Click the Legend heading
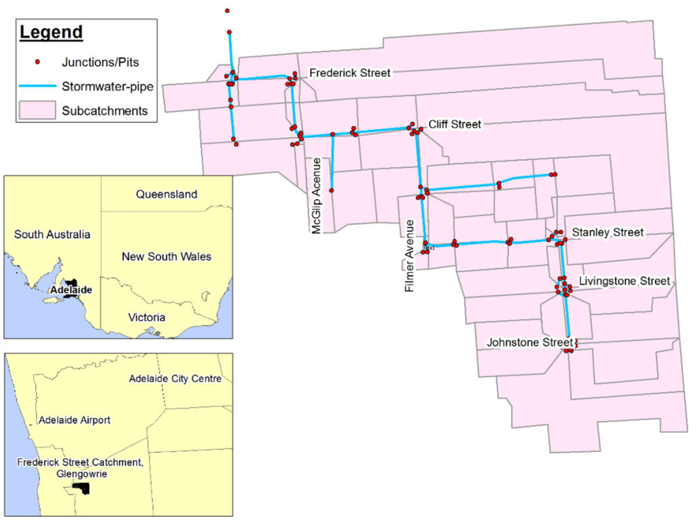[x=51, y=33]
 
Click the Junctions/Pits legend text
[x=100, y=63]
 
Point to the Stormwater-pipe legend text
[x=107, y=86]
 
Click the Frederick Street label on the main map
[x=350, y=73]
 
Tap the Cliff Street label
[x=455, y=124]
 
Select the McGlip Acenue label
[x=316, y=196]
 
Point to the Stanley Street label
[x=607, y=232]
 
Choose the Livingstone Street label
[x=624, y=281]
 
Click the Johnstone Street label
[x=529, y=343]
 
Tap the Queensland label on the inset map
[x=167, y=194]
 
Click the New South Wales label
[x=167, y=257]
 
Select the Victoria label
[x=147, y=317]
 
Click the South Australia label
[x=52, y=234]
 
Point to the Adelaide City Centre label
[x=175, y=379]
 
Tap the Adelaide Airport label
[x=75, y=420]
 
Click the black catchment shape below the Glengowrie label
[x=81, y=489]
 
